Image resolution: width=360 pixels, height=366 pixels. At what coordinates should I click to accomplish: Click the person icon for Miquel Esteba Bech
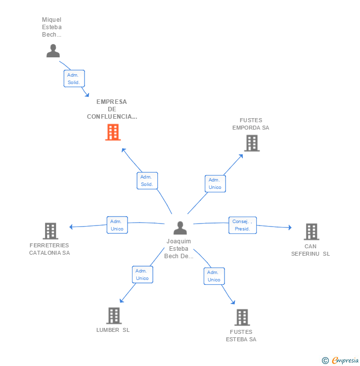(53, 50)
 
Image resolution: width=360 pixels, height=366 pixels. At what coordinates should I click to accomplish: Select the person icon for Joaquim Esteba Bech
(180, 228)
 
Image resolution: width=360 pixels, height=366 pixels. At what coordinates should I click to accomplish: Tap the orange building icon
(113, 132)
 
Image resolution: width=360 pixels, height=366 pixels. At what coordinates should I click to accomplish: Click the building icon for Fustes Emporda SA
(252, 143)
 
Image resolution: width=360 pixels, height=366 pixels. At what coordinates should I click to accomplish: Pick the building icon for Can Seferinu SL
(312, 232)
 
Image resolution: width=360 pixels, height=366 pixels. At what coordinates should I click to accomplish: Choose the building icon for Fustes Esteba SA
(242, 318)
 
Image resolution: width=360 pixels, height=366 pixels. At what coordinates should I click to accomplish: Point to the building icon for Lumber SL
(114, 316)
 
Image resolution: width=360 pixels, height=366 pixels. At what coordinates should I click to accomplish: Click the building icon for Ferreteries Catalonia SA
(50, 231)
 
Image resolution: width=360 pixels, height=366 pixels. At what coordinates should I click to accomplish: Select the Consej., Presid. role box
(243, 225)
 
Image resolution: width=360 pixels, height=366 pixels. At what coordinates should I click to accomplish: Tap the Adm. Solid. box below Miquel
(74, 79)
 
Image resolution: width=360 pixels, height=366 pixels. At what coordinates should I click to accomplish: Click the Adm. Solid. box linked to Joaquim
(147, 181)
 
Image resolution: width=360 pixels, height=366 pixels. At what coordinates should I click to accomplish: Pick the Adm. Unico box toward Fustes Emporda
(215, 183)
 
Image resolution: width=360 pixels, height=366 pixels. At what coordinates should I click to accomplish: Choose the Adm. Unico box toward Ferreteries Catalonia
(117, 225)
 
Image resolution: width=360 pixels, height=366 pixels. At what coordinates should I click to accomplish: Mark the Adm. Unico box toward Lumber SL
(142, 274)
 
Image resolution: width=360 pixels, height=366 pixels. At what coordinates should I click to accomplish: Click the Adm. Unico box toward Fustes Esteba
(214, 276)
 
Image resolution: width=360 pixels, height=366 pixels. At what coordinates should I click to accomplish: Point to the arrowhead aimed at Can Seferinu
(290, 228)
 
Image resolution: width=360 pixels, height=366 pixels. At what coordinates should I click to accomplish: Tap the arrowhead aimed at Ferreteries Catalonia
(71, 227)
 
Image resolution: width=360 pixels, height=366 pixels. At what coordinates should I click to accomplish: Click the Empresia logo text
(345, 360)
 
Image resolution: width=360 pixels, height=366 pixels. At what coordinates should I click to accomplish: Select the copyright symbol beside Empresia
(325, 361)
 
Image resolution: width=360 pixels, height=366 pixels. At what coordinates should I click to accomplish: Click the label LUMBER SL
(113, 330)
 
